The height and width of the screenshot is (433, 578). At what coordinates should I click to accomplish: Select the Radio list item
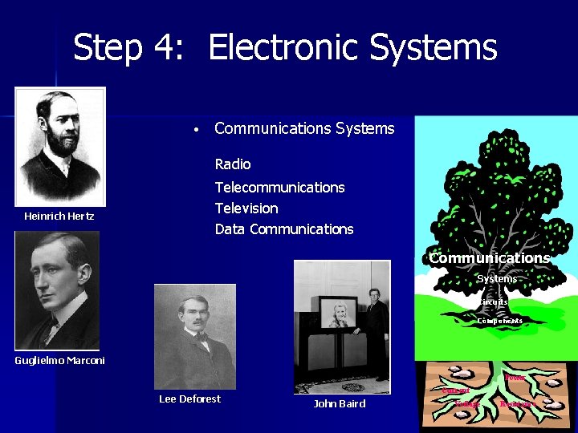[233, 164]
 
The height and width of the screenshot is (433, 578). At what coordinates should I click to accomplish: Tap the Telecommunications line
[279, 188]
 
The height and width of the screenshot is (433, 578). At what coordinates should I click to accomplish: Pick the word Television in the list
[246, 208]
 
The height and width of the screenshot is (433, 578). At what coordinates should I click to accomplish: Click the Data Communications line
[284, 229]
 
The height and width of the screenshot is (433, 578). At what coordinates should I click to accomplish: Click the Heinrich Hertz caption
[59, 216]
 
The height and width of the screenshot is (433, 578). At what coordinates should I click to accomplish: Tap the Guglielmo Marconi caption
[59, 361]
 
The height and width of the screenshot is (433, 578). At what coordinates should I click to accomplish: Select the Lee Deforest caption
[189, 399]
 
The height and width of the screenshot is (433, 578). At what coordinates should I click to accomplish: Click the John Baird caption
[340, 404]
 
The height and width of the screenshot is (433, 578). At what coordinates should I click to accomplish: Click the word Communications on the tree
[489, 258]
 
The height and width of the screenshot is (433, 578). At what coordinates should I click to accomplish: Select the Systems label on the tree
[498, 279]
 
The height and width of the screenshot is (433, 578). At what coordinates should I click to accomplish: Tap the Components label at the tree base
[499, 321]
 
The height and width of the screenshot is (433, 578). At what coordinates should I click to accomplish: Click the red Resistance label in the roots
[517, 404]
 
